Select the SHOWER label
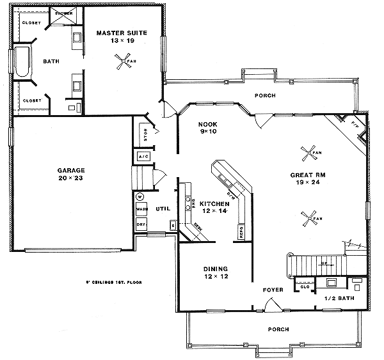click(63, 13)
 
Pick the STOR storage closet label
click(143, 136)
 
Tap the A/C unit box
click(143, 156)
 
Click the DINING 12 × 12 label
click(215, 272)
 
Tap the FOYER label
click(273, 290)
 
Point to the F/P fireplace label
click(354, 121)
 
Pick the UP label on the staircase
click(324, 262)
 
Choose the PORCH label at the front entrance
click(279, 329)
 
